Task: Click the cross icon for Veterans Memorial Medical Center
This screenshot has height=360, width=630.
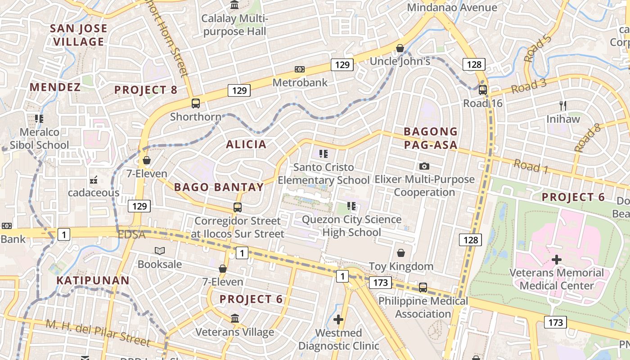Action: click(557, 260)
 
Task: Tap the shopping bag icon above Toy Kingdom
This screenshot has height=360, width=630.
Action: click(400, 253)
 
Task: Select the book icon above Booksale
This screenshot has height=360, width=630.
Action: click(160, 251)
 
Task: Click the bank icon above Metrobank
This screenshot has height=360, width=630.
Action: click(300, 69)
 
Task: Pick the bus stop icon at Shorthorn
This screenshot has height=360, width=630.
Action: click(196, 103)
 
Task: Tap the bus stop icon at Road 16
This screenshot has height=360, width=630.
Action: click(483, 90)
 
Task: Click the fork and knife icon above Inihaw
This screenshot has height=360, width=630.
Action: click(563, 106)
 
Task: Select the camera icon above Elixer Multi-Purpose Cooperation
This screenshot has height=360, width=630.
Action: click(424, 166)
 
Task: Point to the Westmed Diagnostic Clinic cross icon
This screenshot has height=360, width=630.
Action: click(338, 319)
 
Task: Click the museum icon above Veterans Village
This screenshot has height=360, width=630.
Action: click(234, 319)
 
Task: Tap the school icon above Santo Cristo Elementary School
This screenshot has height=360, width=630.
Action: click(323, 154)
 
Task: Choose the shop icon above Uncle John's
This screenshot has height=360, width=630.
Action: click(400, 48)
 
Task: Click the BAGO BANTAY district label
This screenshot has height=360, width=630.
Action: click(219, 187)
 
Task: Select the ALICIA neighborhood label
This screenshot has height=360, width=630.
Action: click(246, 144)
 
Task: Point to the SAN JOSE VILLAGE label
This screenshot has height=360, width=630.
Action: click(79, 35)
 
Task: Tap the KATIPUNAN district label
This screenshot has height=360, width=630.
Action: click(93, 280)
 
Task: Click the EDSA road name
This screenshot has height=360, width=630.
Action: click(131, 235)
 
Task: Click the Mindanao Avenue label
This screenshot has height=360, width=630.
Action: click(452, 8)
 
